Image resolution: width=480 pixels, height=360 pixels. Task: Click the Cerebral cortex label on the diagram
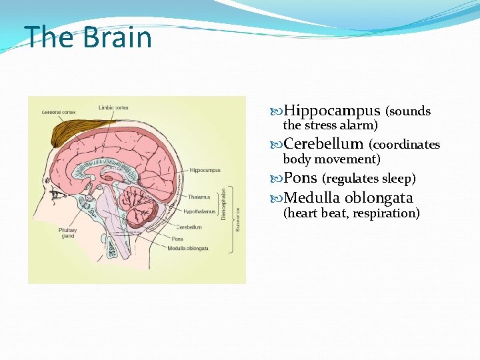pyautogui.click(x=59, y=112)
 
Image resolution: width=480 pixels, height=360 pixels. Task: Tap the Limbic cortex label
pyautogui.click(x=114, y=107)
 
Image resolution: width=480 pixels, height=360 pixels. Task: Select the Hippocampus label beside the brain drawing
pyautogui.click(x=205, y=171)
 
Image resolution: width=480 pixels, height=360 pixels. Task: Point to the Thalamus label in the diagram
pyautogui.click(x=199, y=197)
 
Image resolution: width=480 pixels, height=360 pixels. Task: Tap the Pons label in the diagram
pyautogui.click(x=177, y=238)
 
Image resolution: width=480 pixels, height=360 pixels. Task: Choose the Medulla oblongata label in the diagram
pyautogui.click(x=188, y=249)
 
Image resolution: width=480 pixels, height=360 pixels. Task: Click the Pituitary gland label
pyautogui.click(x=68, y=233)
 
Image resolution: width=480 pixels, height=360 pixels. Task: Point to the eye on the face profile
pyautogui.click(x=57, y=194)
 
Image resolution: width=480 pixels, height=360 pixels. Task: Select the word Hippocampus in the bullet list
pyautogui.click(x=331, y=111)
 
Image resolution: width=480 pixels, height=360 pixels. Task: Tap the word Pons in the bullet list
pyautogui.click(x=300, y=178)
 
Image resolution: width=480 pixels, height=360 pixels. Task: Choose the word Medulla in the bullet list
pyautogui.click(x=312, y=198)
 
